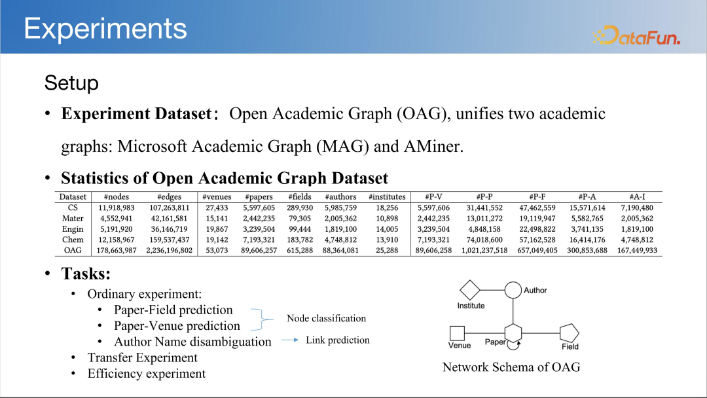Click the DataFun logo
636,35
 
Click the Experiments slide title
105,29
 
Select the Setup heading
71,83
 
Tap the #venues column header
216,196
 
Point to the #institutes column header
387,196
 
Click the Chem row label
73,240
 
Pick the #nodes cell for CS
117,208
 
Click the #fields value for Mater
300,218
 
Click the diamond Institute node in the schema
470,289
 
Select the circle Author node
513,289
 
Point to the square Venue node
458,333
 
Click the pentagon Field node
569,333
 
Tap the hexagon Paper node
513,333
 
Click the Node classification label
326,318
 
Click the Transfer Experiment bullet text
142,357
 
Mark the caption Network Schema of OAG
511,367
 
